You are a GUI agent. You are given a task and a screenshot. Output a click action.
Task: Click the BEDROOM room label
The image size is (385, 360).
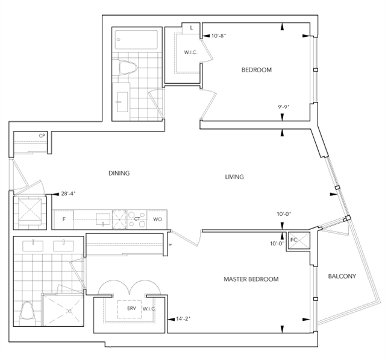click(x=257, y=70)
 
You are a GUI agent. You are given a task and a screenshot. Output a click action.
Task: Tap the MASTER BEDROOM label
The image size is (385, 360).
click(x=251, y=279)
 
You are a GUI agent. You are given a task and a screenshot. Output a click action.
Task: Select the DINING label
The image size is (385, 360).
click(x=119, y=173)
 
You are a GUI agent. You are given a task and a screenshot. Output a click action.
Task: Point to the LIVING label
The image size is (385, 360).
click(x=234, y=177)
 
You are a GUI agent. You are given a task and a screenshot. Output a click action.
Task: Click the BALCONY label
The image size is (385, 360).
click(x=342, y=276)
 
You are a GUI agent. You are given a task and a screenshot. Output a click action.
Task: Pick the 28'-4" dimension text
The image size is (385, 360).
click(x=68, y=194)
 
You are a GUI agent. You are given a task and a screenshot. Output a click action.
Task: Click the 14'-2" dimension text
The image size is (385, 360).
click(x=183, y=319)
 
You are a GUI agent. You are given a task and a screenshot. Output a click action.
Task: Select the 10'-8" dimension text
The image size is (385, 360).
click(x=219, y=36)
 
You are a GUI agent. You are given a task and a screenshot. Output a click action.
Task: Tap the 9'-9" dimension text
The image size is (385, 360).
click(x=284, y=107)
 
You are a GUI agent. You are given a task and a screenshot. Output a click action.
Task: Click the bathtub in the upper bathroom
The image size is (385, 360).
click(x=137, y=40)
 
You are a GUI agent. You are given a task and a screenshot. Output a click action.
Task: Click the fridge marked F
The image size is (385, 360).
click(x=64, y=219)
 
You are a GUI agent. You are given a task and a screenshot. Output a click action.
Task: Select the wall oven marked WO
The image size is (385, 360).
click(x=157, y=219)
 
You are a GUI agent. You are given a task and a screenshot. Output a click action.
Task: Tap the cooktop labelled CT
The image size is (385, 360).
click(x=137, y=219)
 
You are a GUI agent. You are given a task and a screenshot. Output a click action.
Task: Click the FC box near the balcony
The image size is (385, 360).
click(x=299, y=241)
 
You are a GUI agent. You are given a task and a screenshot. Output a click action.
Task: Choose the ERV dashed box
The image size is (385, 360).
click(x=130, y=309)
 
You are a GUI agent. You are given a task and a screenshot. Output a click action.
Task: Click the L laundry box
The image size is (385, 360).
click(x=191, y=28)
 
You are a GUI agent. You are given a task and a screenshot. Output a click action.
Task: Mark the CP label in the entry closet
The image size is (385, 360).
click(x=42, y=136)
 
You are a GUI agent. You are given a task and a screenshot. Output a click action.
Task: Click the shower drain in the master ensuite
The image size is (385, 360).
click(x=70, y=311)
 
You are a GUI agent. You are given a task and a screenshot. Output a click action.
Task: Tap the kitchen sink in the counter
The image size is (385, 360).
click(x=103, y=219)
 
